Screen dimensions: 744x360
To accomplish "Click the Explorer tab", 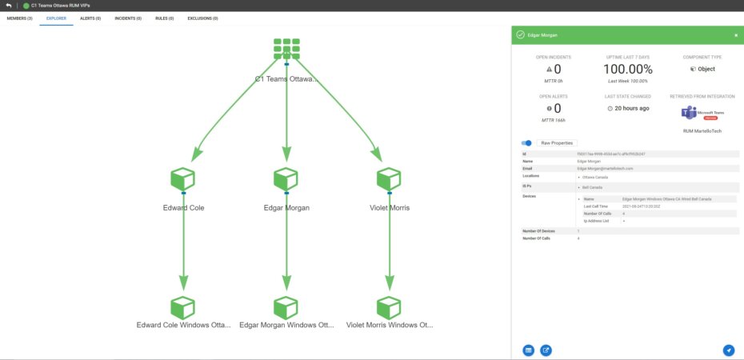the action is click(56, 17).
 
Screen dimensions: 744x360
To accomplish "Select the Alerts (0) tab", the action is click(90, 17).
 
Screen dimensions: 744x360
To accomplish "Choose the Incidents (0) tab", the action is click(128, 17).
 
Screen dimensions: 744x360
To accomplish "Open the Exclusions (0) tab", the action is click(202, 17).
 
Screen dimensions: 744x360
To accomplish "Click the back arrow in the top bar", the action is click(8, 5).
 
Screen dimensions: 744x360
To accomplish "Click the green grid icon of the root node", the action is click(286, 48).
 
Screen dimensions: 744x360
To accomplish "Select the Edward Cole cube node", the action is click(183, 180).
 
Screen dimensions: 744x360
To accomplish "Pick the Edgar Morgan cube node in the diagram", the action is click(286, 180).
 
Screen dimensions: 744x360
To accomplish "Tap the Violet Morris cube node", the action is click(389, 180).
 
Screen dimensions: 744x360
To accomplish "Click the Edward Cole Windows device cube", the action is click(183, 307).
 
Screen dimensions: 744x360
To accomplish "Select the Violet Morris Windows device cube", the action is click(389, 307).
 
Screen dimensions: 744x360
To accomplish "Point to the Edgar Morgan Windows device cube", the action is click(286, 307).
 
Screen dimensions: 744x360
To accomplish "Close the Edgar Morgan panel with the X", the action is click(736, 35).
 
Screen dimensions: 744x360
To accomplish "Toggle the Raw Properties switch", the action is click(527, 142).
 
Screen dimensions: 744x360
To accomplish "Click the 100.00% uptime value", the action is click(627, 69).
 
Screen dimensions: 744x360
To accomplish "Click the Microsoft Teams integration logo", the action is click(694, 114).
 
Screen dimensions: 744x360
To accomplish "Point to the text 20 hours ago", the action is click(630, 108).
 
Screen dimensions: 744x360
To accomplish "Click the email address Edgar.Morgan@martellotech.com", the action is click(605, 168).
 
